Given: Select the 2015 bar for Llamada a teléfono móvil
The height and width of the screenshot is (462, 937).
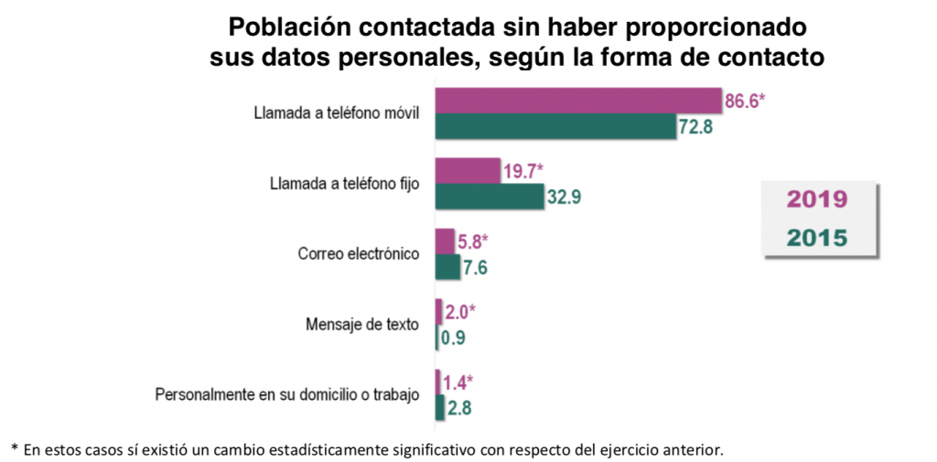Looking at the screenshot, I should point(555,126).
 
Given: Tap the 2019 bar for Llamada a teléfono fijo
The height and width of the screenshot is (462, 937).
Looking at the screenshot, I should point(468,170).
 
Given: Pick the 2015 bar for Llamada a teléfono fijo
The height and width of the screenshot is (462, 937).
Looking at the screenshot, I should point(490,196).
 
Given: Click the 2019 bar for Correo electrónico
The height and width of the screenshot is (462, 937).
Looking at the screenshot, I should point(445,242).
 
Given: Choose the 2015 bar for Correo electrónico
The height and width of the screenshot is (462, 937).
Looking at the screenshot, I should point(447,266).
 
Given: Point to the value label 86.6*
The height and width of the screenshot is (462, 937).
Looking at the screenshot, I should point(744,101).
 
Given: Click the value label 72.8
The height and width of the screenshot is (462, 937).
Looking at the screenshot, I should point(695,126).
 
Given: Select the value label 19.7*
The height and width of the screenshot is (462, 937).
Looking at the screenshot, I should point(523,170).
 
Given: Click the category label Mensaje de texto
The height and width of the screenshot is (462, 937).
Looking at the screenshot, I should point(361,325).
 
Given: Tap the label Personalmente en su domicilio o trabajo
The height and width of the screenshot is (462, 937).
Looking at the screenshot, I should point(286,395).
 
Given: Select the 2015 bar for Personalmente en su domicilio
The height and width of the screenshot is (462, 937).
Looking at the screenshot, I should point(440,408).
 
